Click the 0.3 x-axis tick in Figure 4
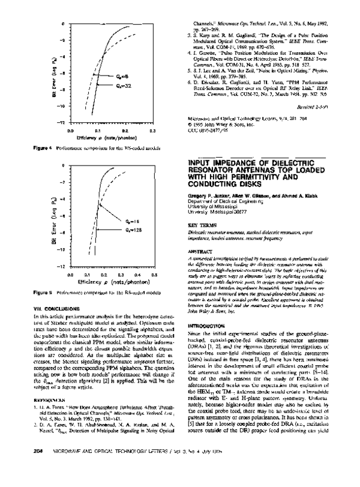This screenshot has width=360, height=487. [153, 130]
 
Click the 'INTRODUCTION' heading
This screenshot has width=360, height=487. [205, 308]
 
